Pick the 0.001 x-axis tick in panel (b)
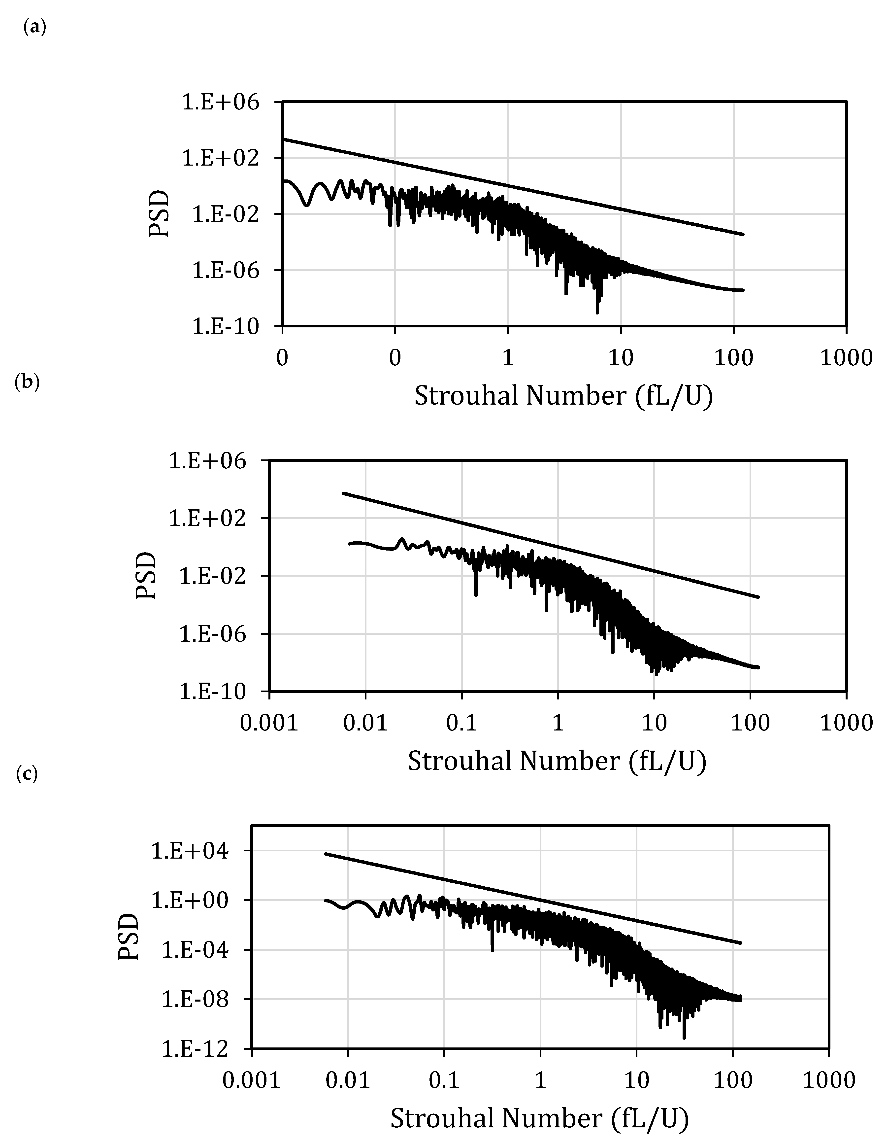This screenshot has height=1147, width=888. [269, 723]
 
